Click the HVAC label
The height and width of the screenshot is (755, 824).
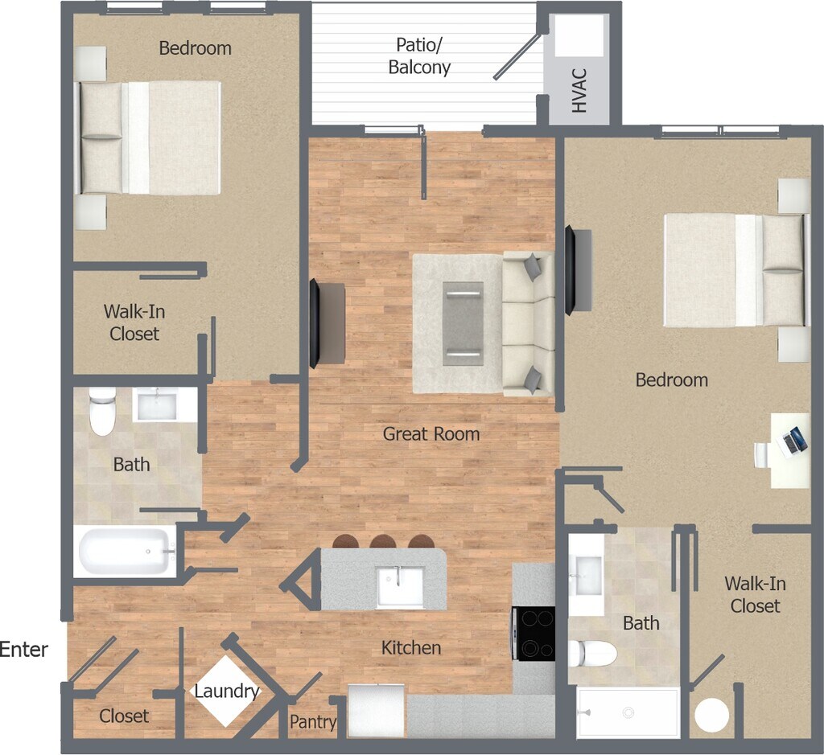[579, 90]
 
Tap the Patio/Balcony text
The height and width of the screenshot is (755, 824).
[419, 56]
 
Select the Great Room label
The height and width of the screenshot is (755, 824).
[431, 434]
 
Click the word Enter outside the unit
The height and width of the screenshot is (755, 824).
[24, 650]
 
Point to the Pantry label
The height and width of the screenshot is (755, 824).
[313, 722]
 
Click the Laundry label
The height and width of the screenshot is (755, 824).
[227, 691]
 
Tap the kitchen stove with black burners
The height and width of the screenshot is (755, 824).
[534, 633]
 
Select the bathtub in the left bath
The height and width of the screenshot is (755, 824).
[126, 552]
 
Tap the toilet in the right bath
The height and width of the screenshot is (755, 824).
[592, 654]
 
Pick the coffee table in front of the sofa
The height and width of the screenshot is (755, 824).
[463, 323]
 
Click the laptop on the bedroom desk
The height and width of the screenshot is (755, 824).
[795, 439]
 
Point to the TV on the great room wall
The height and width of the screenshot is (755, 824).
[315, 324]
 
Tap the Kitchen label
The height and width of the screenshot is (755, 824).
[411, 647]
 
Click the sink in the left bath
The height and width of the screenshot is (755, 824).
[155, 404]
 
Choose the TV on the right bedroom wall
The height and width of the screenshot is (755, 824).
[570, 270]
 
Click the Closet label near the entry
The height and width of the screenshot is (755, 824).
[124, 716]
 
